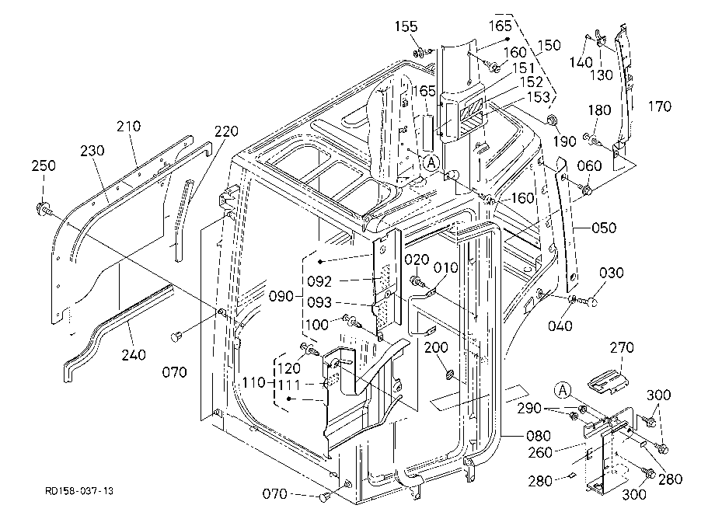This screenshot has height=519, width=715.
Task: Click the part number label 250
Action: click(44, 165)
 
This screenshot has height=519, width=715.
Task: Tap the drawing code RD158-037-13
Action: click(79, 491)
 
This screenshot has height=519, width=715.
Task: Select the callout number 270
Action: click(622, 347)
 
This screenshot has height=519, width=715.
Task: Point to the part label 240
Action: click(134, 354)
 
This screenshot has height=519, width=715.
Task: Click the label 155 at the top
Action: click(406, 26)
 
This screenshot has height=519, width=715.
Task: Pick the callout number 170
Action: click(660, 106)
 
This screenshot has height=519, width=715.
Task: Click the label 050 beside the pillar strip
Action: click(604, 228)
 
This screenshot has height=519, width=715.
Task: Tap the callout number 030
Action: click(611, 273)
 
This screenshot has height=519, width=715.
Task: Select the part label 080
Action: click(539, 436)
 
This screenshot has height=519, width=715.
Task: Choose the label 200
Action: click(437, 347)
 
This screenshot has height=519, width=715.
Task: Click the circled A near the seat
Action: click(431, 162)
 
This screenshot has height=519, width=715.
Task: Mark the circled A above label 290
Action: click(563, 391)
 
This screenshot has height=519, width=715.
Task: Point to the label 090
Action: click(281, 297)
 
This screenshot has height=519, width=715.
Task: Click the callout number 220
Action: click(226, 131)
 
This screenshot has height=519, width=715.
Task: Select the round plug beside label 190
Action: click(551, 120)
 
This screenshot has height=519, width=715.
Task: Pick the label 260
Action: click(540, 452)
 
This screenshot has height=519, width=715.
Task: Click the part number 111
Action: click(289, 385)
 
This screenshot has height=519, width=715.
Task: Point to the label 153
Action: click(539, 97)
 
